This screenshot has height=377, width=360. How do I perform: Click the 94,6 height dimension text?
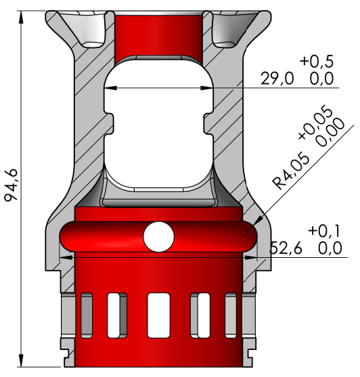click(11, 185)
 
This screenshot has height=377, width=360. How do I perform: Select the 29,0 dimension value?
click(277, 79)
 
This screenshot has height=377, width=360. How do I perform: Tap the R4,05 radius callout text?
click(291, 171)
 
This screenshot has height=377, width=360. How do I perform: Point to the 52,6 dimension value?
click(286, 248)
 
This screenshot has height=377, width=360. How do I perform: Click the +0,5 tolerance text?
click(317, 62)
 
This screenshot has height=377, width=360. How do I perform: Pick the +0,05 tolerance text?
click(315, 122)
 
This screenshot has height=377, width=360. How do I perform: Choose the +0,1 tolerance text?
click(324, 231)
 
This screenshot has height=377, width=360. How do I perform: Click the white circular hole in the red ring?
click(158, 237)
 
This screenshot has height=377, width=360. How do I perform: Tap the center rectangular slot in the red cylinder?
click(158, 315)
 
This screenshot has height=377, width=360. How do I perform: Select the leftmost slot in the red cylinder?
click(87, 315)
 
